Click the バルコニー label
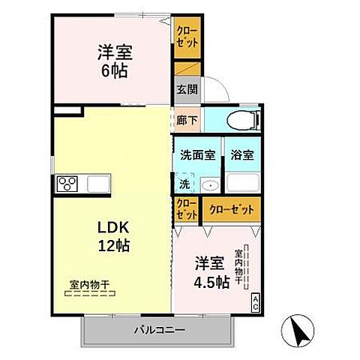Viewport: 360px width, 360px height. (159, 328)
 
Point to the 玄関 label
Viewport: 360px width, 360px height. (186, 88)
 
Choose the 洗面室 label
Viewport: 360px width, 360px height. (197, 156)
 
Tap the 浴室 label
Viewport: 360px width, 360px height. (241, 156)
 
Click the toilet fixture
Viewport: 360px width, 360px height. (244, 119)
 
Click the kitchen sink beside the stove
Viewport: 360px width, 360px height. (98, 184)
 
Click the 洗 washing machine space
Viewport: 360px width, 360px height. (184, 184)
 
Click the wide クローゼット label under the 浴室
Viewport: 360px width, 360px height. (232, 209)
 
